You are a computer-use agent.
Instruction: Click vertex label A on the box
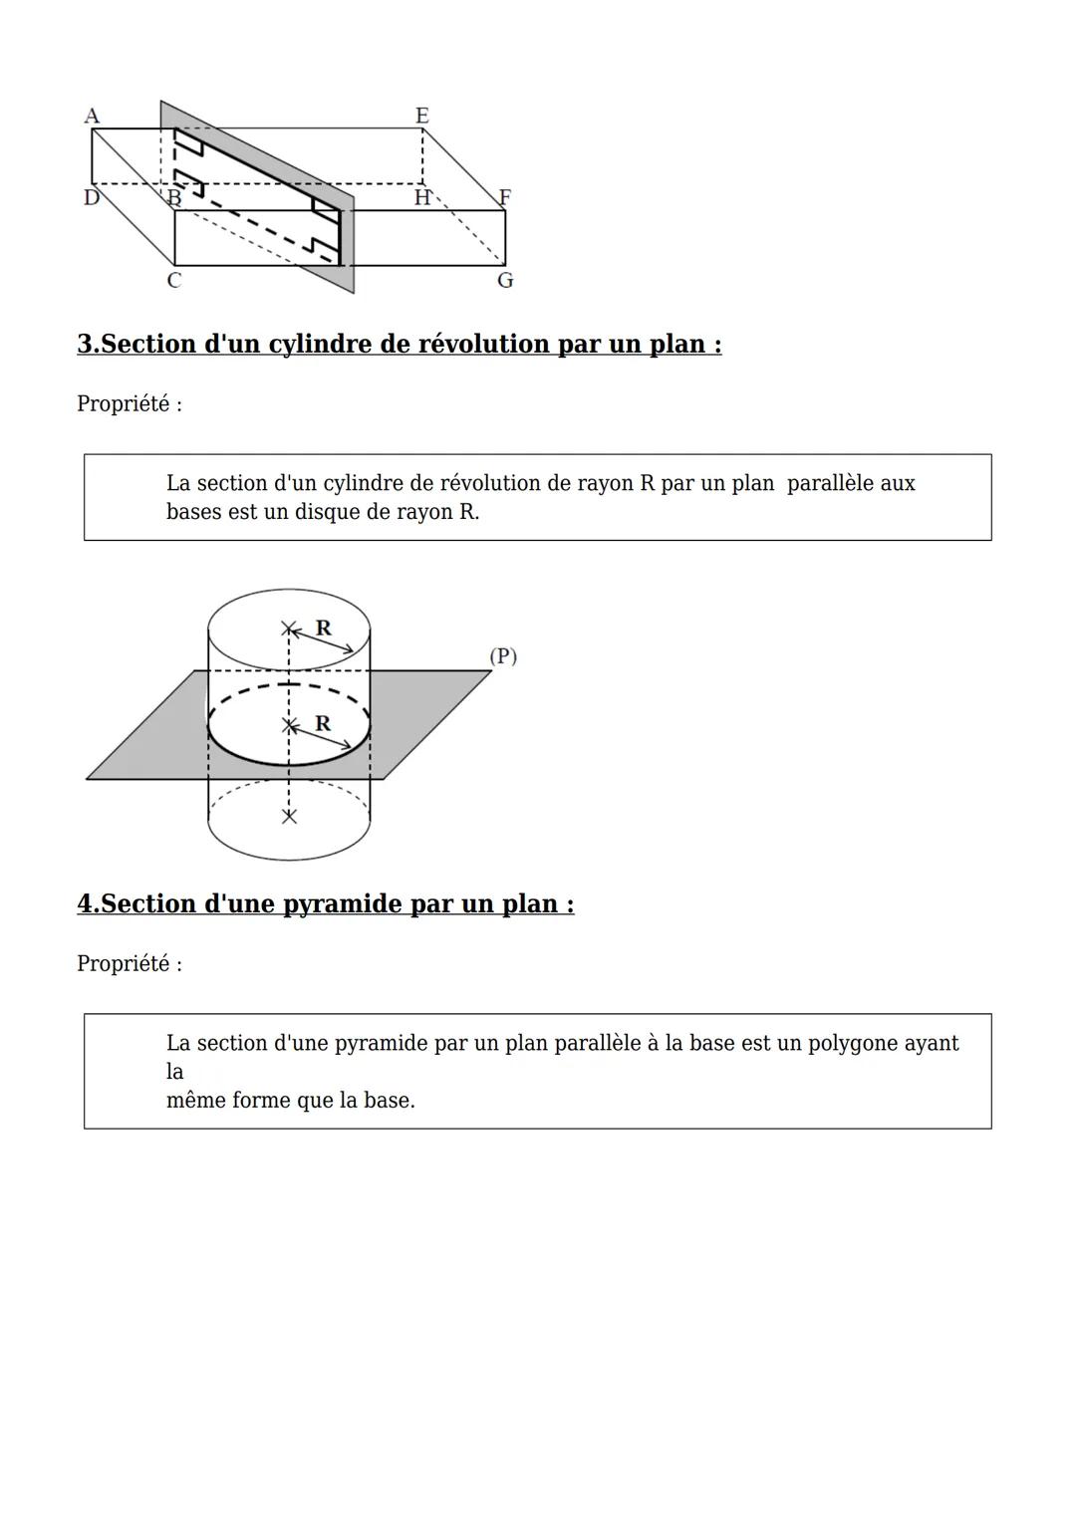(92, 116)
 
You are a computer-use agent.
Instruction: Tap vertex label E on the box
(422, 116)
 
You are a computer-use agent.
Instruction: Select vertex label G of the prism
(505, 281)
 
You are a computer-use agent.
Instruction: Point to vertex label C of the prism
(173, 281)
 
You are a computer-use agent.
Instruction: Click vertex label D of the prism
(91, 197)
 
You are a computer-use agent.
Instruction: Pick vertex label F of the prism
(505, 197)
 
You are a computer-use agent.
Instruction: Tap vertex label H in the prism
(422, 198)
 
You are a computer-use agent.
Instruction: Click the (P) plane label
(503, 656)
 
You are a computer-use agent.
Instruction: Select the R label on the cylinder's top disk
(323, 628)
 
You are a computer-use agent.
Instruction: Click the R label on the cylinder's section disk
(323, 723)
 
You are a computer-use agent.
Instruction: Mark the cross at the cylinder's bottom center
(289, 817)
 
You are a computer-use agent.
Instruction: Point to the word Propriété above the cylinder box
(123, 404)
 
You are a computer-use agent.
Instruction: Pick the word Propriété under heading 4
(123, 964)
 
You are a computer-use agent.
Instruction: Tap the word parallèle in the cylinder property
(829, 484)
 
